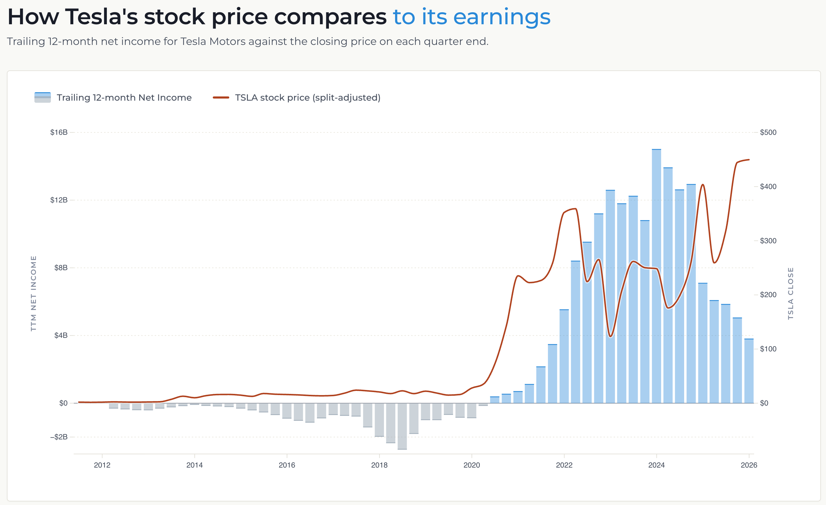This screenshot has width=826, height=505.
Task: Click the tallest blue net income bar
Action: coord(656,275)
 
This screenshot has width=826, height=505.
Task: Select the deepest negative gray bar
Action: coord(402,426)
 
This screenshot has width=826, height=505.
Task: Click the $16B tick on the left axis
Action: coord(59,132)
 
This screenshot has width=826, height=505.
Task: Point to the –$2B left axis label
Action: coord(59,437)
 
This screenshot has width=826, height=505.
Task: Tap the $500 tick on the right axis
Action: coord(768,132)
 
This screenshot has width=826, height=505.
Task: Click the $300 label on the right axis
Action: coord(768,241)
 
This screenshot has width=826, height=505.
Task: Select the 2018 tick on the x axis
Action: coord(379,465)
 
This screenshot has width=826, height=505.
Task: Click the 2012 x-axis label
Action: coord(102,465)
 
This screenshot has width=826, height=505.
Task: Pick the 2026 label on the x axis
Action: coord(748,465)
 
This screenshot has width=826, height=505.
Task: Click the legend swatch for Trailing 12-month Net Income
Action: coord(42,97)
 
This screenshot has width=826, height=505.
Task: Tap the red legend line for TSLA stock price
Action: coord(221,98)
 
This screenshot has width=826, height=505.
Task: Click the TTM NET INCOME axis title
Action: coord(33,293)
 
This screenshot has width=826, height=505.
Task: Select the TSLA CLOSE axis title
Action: coord(790,293)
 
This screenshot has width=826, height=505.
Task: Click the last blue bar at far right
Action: coord(748,371)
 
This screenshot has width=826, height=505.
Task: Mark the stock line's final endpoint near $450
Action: coord(749,160)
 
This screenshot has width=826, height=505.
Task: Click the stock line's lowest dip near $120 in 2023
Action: coord(611,336)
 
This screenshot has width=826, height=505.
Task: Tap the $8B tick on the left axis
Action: coord(61,267)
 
